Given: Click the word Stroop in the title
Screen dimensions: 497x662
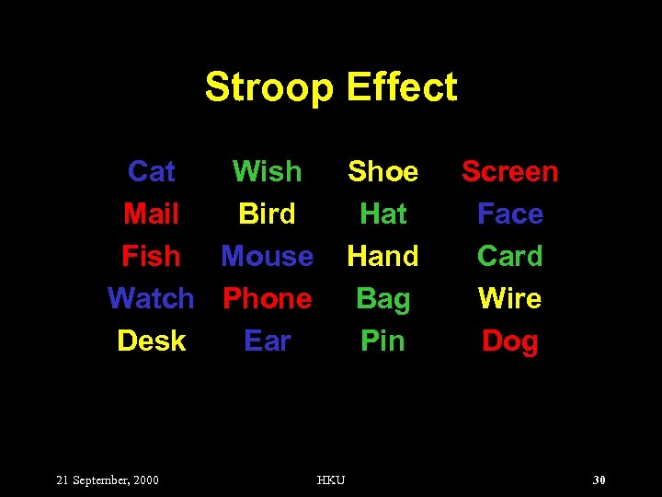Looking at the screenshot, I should pos(268,87).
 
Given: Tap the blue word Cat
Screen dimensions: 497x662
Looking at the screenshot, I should pos(152,171).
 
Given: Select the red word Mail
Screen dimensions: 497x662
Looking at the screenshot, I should pos(152,214).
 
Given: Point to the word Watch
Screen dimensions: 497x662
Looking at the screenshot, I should pos(151,298).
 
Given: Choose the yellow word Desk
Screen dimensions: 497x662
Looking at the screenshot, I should pos(152,341).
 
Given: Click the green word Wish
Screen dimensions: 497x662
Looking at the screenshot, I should pos(267,171).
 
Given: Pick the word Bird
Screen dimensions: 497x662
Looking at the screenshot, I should pos(267,214).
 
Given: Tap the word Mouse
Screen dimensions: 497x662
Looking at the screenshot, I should pos(267,256).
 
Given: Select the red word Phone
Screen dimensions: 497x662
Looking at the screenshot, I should pos(267,298).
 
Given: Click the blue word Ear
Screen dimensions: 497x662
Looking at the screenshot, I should pos(267,341).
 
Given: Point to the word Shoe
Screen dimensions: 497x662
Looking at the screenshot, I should pos(382,171).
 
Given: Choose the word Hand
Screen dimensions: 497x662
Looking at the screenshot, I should pos(382,256).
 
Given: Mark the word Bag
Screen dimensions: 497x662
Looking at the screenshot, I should pos(382,299).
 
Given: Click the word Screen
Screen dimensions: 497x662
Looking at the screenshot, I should pos(509,171).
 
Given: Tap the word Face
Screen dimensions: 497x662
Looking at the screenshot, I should pos(509,214).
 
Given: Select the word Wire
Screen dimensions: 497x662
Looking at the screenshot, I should pos(509,298).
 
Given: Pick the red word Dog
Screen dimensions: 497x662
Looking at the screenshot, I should pos(509,341).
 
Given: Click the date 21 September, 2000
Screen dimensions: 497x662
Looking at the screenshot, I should pos(108,480).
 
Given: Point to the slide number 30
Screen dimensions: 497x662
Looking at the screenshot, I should pos(599,480).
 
